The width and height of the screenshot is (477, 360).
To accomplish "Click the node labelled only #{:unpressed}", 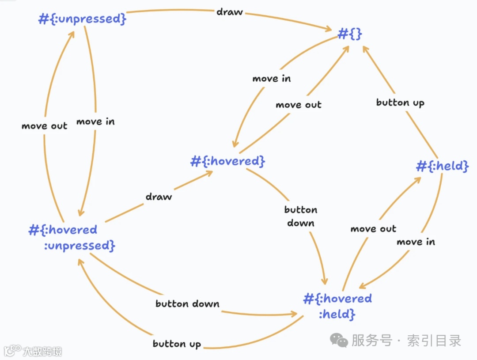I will point(83,19).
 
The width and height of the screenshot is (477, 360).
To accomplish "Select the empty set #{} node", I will point(350,34).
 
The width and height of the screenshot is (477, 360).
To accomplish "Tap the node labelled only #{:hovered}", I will point(228,162).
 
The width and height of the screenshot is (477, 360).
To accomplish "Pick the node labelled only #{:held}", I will point(442,167).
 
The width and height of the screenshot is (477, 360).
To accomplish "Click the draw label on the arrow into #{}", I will point(229,12).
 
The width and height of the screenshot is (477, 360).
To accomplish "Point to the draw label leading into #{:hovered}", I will point(159,197).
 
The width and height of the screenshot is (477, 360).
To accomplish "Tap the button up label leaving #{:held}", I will point(400,102).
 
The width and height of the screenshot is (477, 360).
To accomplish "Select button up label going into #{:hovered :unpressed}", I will point(177,344).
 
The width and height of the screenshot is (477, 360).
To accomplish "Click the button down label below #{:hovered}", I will point(301,216).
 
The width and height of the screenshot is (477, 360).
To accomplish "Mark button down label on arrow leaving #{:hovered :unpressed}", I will point(187,304).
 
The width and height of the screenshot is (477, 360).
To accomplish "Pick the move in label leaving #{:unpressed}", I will point(95,121).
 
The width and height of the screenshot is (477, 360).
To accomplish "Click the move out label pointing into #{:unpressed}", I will point(44,126).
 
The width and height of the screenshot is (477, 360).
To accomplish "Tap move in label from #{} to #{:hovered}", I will point(272,79).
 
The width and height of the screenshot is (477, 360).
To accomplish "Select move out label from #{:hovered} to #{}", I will point(299,105).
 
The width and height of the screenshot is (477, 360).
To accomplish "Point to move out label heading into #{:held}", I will point(373,229).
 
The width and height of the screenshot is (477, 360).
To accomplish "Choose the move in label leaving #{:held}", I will point(416,242).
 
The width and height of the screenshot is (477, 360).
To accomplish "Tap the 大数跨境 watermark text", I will point(42,352).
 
